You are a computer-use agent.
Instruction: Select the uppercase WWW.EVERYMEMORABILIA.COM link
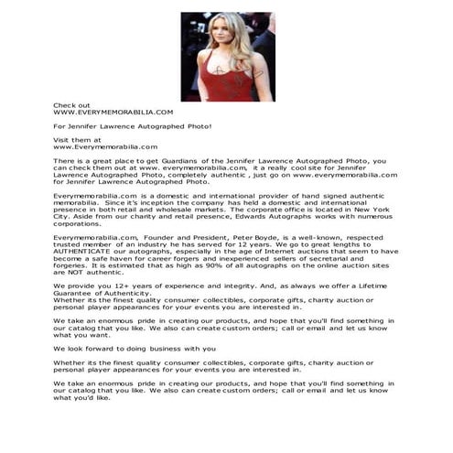pos(113,112)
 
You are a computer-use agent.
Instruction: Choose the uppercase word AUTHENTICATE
pos(83,251)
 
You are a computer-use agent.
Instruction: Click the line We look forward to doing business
pos(135,349)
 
